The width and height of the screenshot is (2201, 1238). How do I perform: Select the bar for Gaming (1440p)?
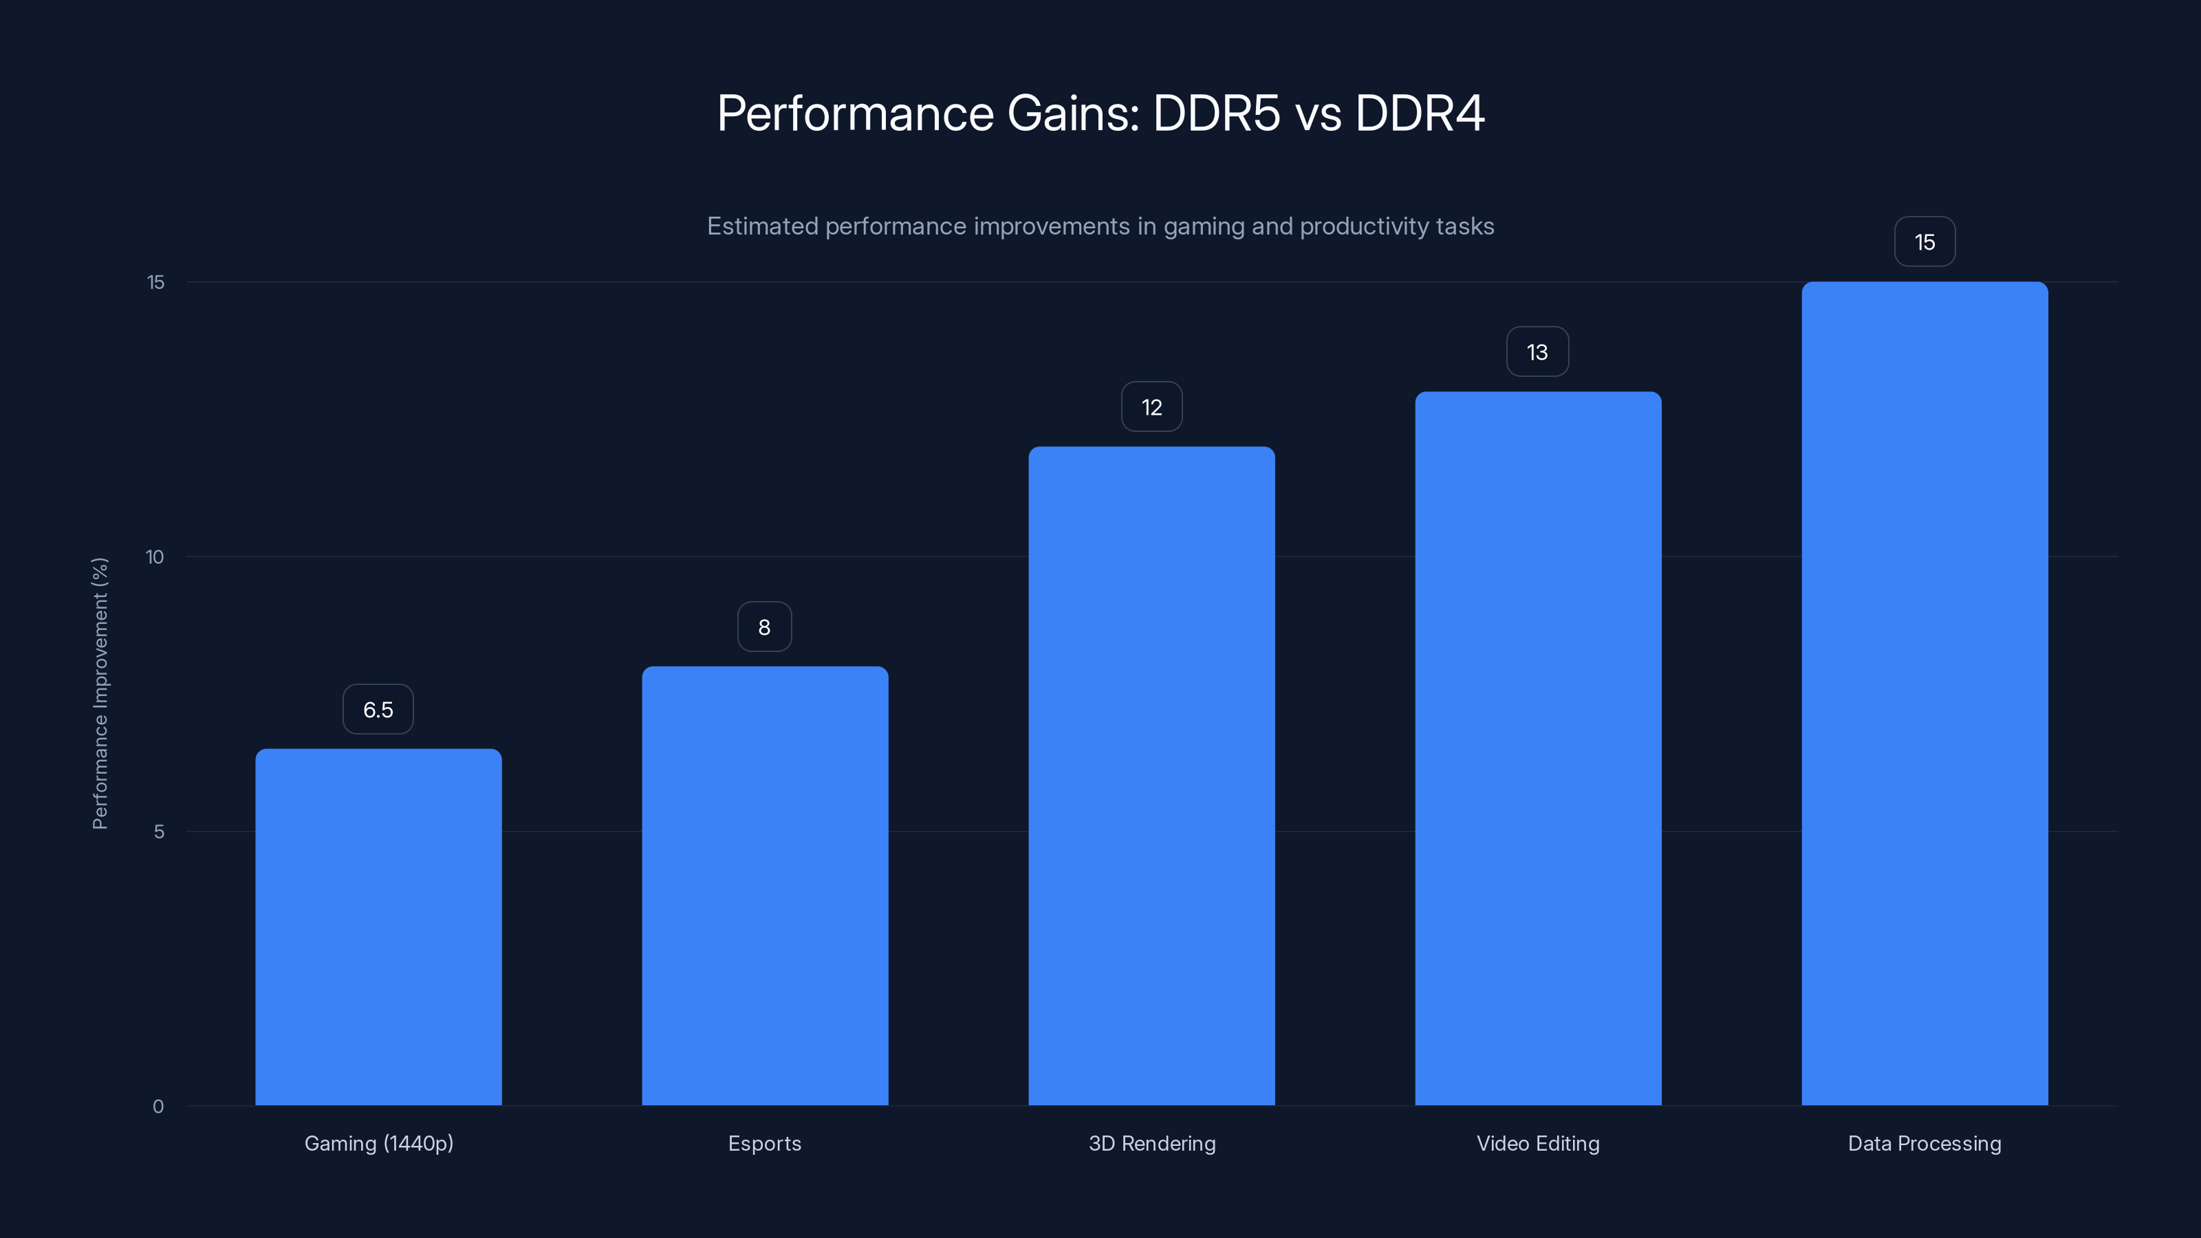(x=378, y=927)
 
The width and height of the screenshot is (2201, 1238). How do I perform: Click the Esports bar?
(x=765, y=886)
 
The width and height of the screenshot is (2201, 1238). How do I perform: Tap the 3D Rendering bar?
(x=1152, y=776)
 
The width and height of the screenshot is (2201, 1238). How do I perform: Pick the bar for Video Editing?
(x=1538, y=748)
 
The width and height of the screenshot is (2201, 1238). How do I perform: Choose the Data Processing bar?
(x=1924, y=694)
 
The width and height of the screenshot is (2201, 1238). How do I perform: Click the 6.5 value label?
(x=378, y=709)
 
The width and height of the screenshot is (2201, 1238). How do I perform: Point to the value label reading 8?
(x=765, y=627)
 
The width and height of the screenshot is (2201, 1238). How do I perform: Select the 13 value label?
(x=1537, y=352)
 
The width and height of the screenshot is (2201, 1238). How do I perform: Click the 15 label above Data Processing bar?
(x=1924, y=243)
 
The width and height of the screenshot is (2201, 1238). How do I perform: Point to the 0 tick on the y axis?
(x=158, y=1107)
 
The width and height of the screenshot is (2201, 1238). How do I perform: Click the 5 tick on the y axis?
(x=159, y=832)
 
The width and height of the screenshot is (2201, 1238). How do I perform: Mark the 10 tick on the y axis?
(x=155, y=557)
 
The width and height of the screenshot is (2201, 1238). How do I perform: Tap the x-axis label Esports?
(x=765, y=1143)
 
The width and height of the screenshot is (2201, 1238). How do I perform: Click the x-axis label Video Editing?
(x=1538, y=1143)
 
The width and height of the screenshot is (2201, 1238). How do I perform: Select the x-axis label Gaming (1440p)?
(x=378, y=1143)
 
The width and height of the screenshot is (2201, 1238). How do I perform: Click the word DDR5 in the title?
(x=1216, y=113)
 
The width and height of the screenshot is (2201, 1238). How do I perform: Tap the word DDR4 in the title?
(x=1419, y=113)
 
